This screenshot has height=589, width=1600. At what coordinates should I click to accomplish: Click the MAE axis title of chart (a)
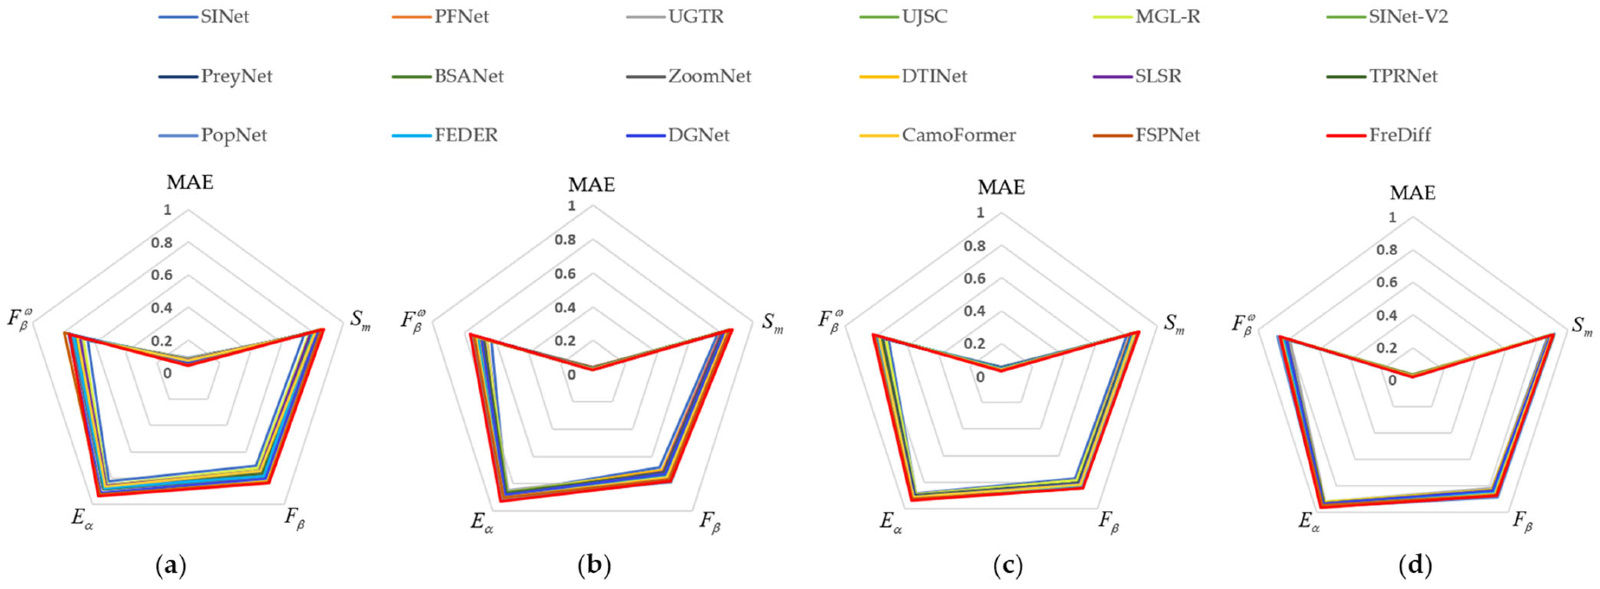pos(190,182)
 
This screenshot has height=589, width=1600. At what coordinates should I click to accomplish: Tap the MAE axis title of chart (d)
pos(1413,193)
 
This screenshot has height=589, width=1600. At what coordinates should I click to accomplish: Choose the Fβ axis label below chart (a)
pos(295,518)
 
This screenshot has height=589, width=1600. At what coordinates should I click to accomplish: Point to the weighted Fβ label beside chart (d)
pos(1244,325)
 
